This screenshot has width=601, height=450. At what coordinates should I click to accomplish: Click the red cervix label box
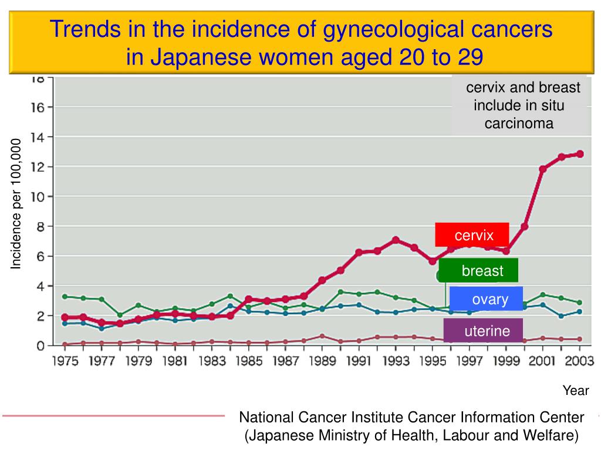click(472, 235)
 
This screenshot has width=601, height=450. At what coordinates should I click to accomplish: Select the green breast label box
click(479, 271)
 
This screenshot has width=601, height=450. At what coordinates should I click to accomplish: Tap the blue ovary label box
click(487, 299)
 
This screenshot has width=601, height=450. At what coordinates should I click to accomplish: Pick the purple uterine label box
click(484, 331)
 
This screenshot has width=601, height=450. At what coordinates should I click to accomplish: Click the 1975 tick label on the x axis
click(65, 361)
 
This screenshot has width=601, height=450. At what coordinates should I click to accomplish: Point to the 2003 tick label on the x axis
click(579, 361)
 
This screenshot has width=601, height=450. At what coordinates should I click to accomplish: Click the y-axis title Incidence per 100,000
click(16, 204)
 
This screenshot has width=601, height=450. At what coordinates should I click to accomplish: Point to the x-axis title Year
click(576, 391)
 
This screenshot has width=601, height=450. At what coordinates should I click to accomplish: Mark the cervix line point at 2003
click(580, 154)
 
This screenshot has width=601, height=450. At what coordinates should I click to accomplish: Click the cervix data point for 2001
click(543, 169)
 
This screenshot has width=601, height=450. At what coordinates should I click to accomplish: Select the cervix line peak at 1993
click(396, 240)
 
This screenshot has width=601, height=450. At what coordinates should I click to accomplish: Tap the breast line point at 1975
click(65, 296)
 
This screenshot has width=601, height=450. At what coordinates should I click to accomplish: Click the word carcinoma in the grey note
click(519, 124)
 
